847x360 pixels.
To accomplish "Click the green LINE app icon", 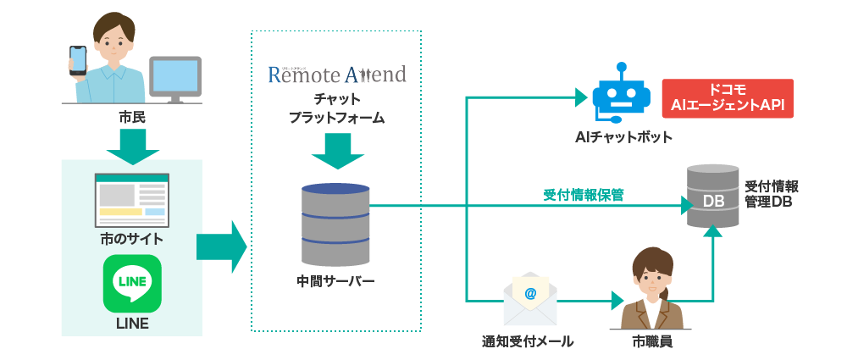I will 132,284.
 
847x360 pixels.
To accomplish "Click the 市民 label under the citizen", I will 132,118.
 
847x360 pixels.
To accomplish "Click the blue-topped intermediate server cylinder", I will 335,224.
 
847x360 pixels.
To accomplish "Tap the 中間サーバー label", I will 335,280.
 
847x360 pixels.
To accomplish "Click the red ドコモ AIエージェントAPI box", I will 728,97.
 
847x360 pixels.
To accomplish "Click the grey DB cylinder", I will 711,198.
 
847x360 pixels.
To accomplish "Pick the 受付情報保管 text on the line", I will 584,195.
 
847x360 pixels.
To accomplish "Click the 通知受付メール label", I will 528,341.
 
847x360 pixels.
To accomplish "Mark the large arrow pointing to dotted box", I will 220,247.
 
